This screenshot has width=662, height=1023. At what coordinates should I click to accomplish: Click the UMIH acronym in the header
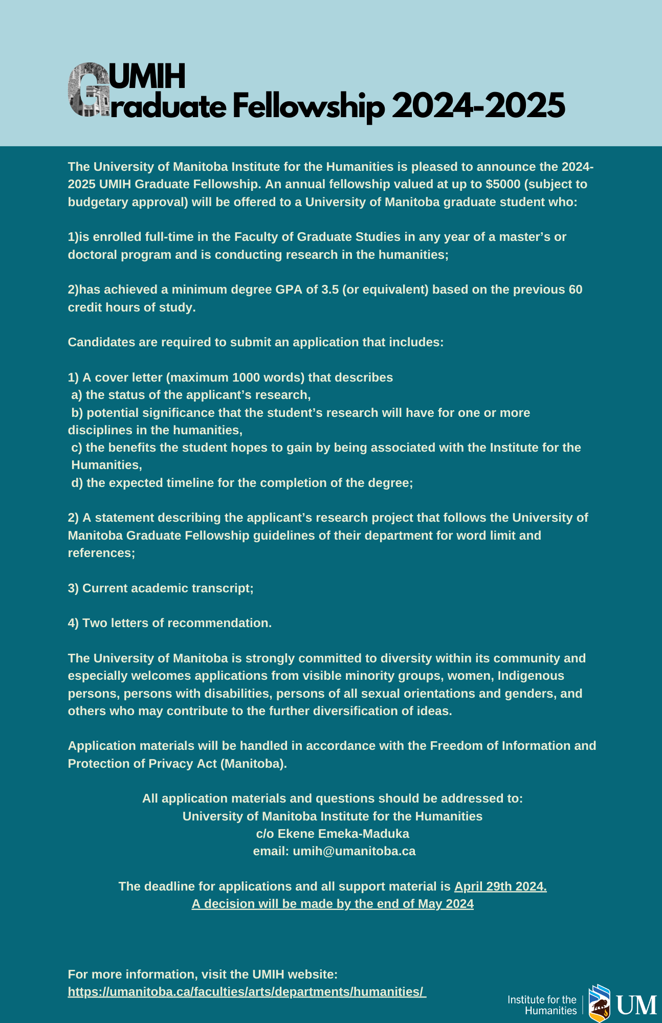147,77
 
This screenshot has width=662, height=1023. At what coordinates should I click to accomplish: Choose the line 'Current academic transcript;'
161,588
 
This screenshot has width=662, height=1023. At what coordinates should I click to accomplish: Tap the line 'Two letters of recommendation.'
170,623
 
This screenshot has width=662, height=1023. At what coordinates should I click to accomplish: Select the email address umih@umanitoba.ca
354,851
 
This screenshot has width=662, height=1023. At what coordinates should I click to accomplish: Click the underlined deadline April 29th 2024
500,886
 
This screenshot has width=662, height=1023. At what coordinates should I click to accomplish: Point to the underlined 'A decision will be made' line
333,904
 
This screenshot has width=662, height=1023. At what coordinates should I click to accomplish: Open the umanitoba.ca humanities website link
247,992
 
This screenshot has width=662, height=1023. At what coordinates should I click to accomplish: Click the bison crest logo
600,1003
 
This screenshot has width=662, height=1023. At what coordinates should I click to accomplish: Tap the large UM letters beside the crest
636,1005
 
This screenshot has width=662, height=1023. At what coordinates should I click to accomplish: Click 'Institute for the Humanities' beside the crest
542,1005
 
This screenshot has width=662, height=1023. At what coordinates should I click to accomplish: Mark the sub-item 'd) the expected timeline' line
242,483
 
